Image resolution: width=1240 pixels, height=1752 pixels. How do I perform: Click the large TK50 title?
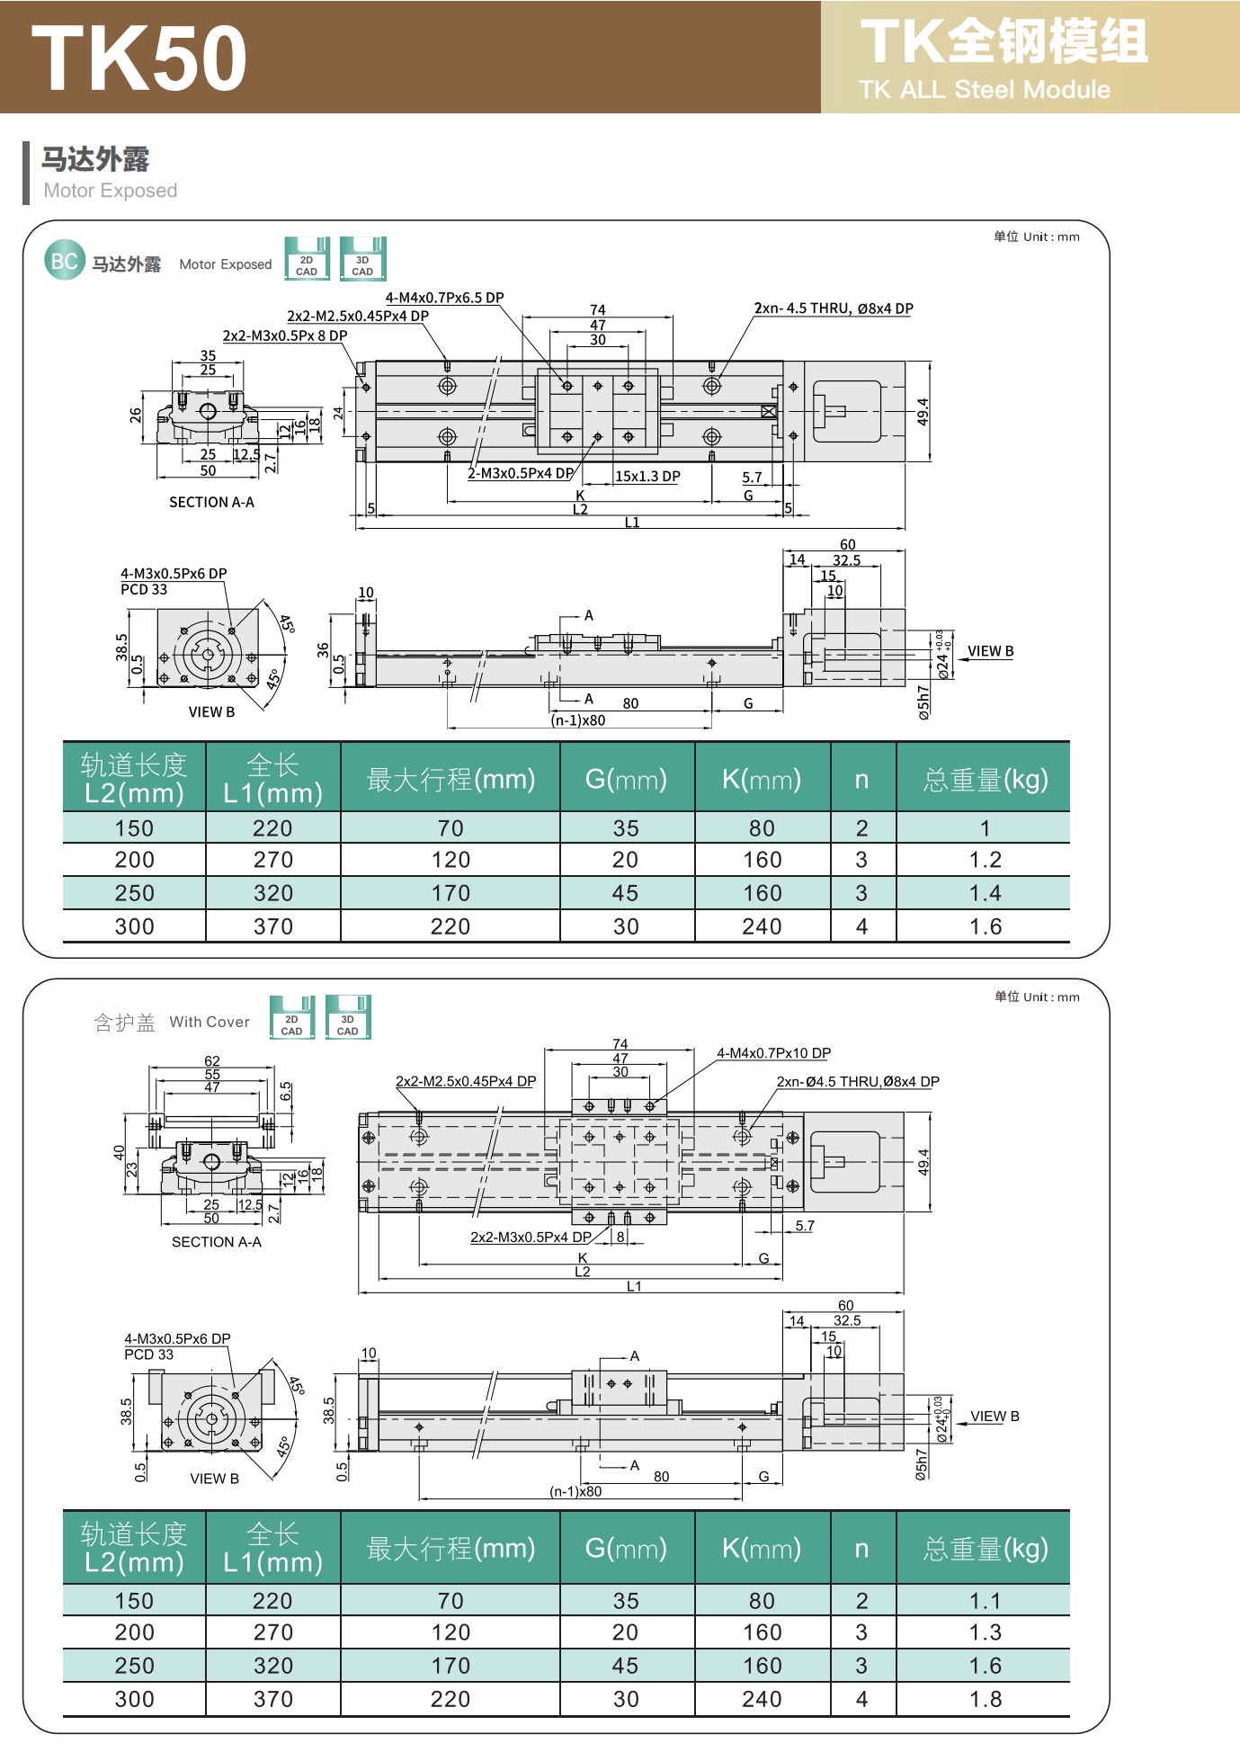pos(139,58)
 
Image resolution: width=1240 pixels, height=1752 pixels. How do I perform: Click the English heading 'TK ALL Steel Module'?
pos(984,90)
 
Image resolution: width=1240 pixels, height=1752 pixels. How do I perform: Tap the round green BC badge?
pos(64,261)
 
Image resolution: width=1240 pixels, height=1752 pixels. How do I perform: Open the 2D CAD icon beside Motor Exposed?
pos(307,259)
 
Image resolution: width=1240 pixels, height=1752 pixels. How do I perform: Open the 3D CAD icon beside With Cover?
pos(347,1018)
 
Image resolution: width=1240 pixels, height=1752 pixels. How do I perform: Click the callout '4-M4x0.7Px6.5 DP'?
pos(444,298)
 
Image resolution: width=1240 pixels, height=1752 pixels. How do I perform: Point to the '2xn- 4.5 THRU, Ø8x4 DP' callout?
pos(833,308)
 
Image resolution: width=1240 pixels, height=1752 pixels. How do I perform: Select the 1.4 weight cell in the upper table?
pos(985,893)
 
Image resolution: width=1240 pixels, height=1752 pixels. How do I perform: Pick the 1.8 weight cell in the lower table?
pos(985,1699)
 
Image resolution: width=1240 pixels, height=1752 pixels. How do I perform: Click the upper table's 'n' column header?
pos(861,779)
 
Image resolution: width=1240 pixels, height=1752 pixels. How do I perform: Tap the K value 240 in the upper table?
pos(762,926)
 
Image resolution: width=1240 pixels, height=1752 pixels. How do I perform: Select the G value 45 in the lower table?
pos(625,1666)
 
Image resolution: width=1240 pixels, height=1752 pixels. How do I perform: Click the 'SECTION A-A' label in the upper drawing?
pos(211,503)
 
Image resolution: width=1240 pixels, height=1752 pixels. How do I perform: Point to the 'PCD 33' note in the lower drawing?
pos(148,1354)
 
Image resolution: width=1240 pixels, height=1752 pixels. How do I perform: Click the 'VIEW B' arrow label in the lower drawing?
pos(995,1417)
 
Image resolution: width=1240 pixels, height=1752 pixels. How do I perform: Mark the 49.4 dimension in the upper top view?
pos(923,412)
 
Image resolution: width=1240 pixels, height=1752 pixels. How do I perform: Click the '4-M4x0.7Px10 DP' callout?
pos(773,1053)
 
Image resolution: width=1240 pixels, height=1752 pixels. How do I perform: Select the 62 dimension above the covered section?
pos(212,1061)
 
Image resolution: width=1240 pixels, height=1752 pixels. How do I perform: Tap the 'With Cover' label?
pos(210,1022)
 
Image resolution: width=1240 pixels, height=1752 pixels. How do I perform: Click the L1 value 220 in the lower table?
pos(272,1601)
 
